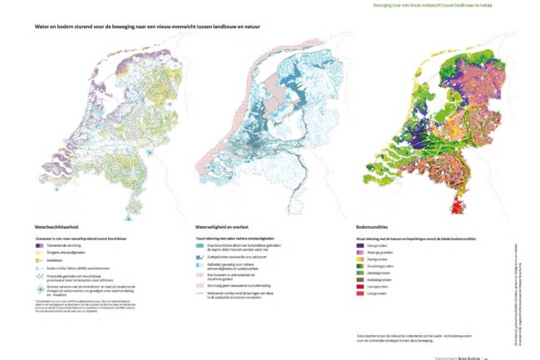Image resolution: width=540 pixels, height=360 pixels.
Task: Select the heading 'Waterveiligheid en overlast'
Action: click(x=223, y=225)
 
